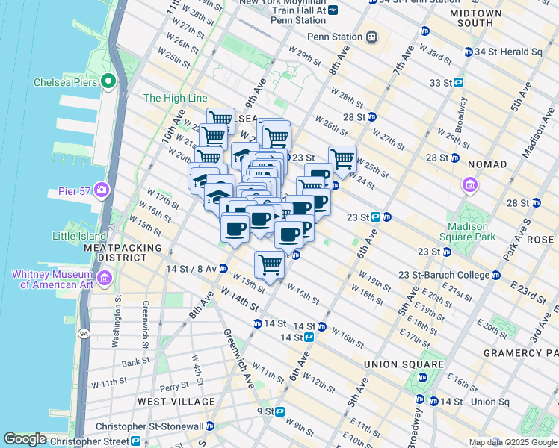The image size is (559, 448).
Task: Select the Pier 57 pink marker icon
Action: (x=100, y=190)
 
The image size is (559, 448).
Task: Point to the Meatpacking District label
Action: (x=123, y=252)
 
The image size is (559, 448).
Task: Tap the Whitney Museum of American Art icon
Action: (x=104, y=279)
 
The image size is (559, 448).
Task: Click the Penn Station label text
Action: (x=334, y=37)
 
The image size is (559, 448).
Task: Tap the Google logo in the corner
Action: (x=25, y=439)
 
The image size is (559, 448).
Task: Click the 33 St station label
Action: (x=439, y=83)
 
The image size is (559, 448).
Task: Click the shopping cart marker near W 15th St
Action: (x=270, y=264)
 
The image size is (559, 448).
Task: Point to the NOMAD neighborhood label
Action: (x=487, y=164)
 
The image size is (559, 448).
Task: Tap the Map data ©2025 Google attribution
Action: (x=513, y=442)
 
